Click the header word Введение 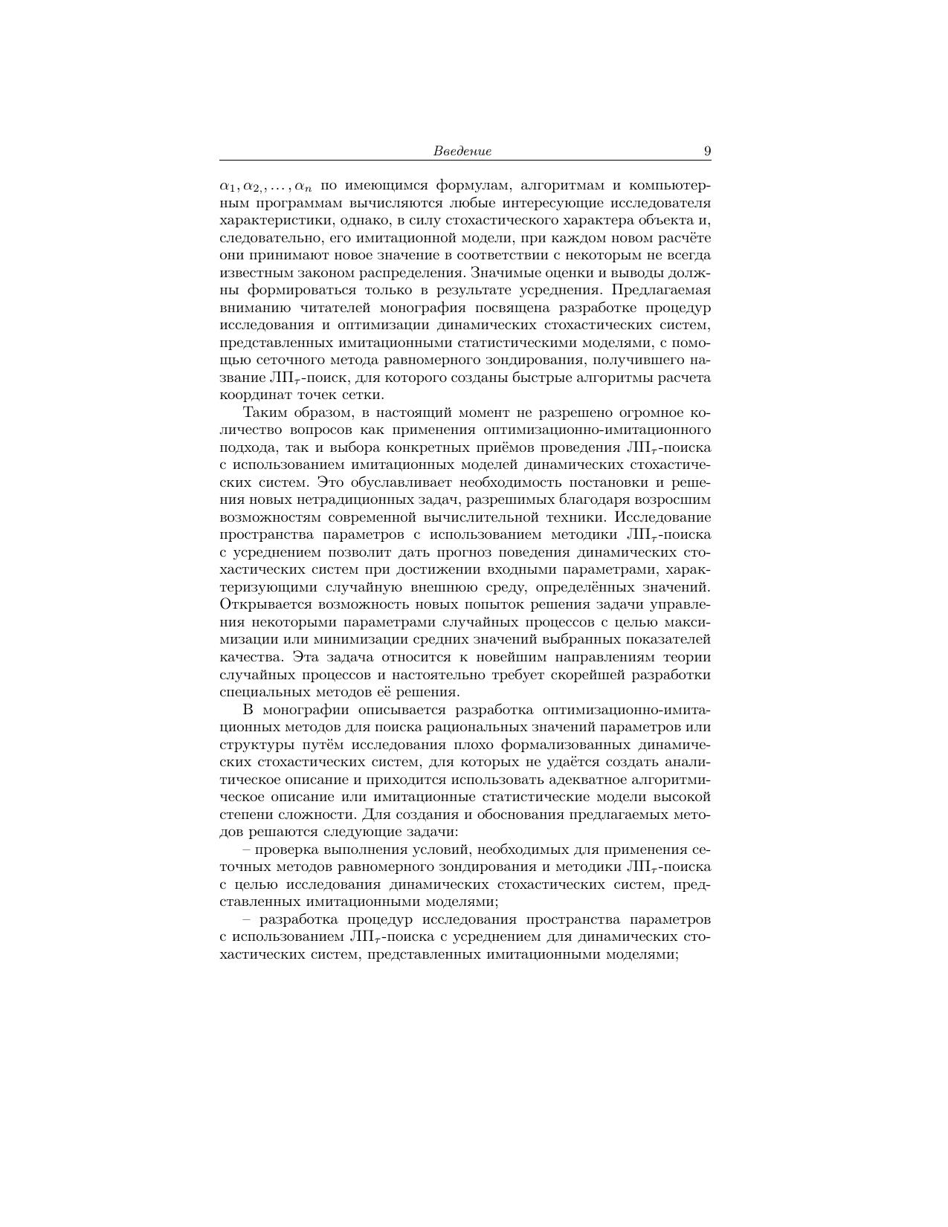point(462,152)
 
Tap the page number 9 point(707,152)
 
